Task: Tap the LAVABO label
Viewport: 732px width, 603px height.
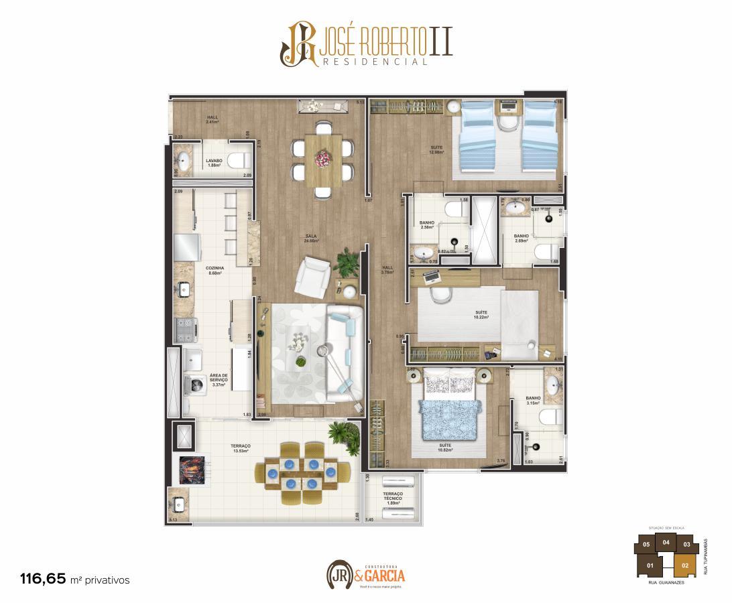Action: pyautogui.click(x=214, y=161)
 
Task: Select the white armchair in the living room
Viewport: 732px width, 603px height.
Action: pyautogui.click(x=313, y=274)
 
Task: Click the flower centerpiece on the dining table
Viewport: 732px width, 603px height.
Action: pyautogui.click(x=323, y=158)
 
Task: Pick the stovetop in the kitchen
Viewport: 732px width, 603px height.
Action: pyautogui.click(x=186, y=328)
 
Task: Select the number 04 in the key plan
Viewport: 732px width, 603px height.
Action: pyautogui.click(x=666, y=543)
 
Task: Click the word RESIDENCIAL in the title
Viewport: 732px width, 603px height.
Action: pyautogui.click(x=375, y=62)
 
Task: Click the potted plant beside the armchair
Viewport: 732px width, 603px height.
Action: pyautogui.click(x=347, y=263)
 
